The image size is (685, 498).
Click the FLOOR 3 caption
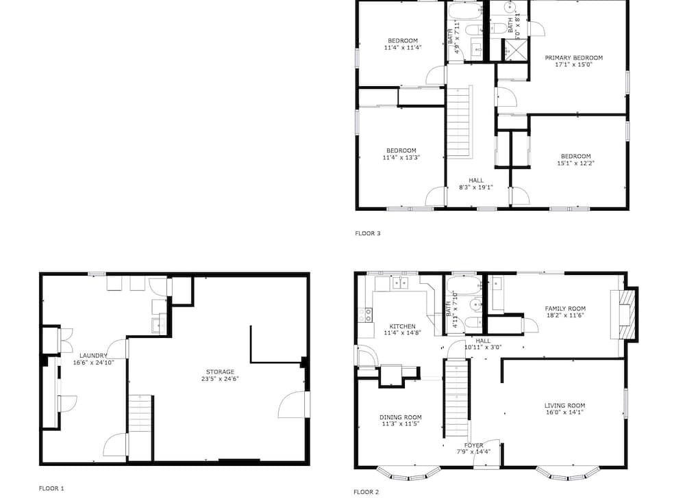367,233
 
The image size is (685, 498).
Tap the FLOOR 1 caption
51,488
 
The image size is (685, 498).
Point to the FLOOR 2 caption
366,492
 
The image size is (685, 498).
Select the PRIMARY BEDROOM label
573,57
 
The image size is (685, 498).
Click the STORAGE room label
220,372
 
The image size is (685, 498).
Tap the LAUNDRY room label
93,356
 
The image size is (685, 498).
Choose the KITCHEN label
402,326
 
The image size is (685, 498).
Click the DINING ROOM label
400,417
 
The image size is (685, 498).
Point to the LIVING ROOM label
564,405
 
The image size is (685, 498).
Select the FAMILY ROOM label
565,309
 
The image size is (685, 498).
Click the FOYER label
473,445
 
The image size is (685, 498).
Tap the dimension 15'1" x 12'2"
576,163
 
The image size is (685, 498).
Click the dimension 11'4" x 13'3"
401,157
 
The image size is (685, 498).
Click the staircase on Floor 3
460,122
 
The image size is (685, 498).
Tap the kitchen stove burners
366,315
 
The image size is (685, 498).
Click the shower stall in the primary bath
516,49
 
